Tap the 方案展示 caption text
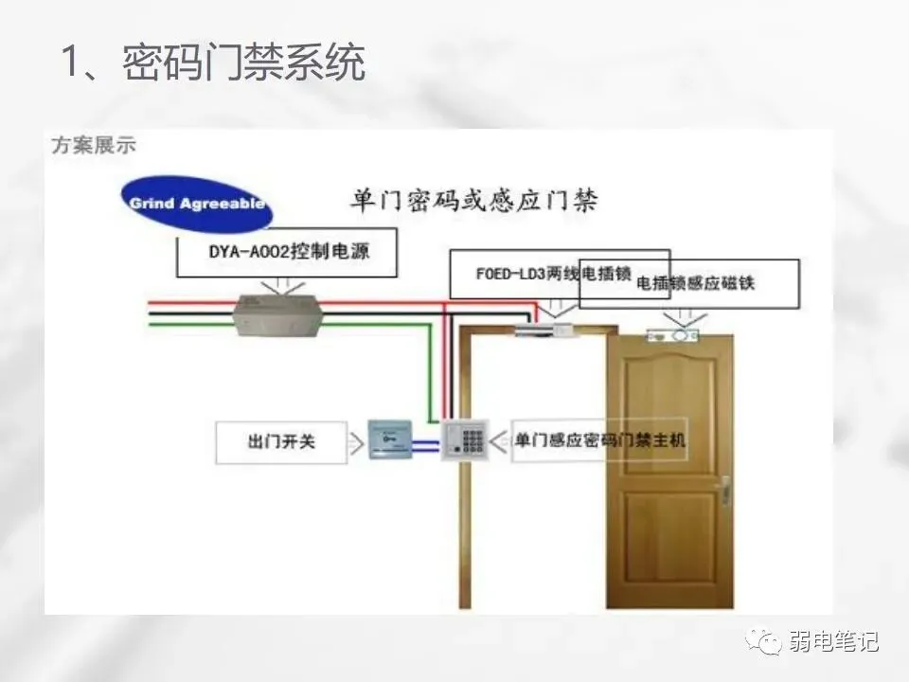click(94, 145)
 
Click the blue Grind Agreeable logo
click(197, 203)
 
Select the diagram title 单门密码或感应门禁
click(473, 201)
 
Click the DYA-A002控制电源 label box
click(286, 255)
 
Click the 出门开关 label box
click(281, 441)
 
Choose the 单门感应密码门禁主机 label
click(600, 440)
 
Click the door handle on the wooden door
click(724, 491)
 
